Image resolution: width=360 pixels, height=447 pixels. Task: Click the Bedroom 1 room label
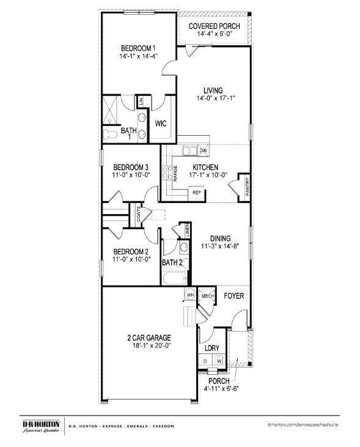138,48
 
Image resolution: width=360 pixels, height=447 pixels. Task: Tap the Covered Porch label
214,26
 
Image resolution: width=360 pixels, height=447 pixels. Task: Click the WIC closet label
161,124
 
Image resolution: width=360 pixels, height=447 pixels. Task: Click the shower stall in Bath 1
111,110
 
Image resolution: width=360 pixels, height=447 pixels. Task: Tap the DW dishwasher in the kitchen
203,150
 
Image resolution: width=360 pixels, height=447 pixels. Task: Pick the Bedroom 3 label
131,167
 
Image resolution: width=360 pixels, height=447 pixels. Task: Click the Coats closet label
139,215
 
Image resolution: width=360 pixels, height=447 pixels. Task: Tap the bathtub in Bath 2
175,279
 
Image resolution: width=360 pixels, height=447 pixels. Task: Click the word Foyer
233,296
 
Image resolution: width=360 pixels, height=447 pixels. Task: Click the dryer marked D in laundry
205,360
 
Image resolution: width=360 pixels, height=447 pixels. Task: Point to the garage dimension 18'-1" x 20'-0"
149,345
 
